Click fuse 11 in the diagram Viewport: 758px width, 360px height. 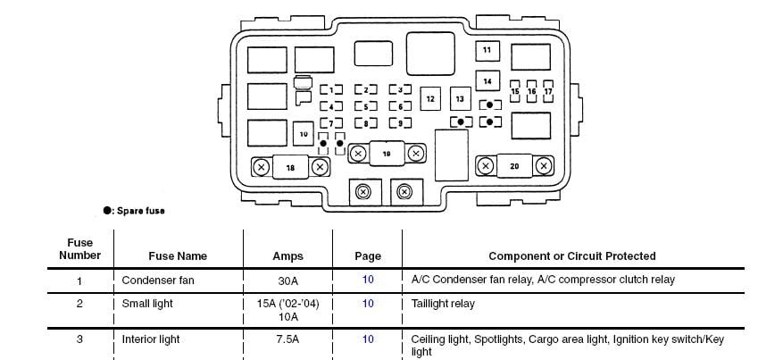pos(487,51)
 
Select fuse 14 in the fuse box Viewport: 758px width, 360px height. pos(487,81)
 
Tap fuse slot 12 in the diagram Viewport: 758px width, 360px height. pos(429,98)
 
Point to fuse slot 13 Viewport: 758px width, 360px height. pos(460,98)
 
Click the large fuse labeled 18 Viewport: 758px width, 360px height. pos(290,167)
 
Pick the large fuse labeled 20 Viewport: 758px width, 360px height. pos(514,166)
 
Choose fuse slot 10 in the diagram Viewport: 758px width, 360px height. pos(304,133)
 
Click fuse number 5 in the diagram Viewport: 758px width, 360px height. pos(365,105)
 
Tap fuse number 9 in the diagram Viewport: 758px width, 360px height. pos(399,122)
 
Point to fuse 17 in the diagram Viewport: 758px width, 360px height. pos(548,92)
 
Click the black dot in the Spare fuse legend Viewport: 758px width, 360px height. pos(108,211)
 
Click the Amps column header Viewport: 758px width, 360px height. pos(287,256)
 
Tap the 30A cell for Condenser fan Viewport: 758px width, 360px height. pos(287,280)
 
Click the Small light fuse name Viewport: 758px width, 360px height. pos(148,304)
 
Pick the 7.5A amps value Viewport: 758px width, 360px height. pos(287,339)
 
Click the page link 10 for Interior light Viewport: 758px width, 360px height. pos(368,339)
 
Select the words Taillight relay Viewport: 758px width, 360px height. pos(443,304)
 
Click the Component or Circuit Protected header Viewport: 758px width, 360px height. pos(571,256)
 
